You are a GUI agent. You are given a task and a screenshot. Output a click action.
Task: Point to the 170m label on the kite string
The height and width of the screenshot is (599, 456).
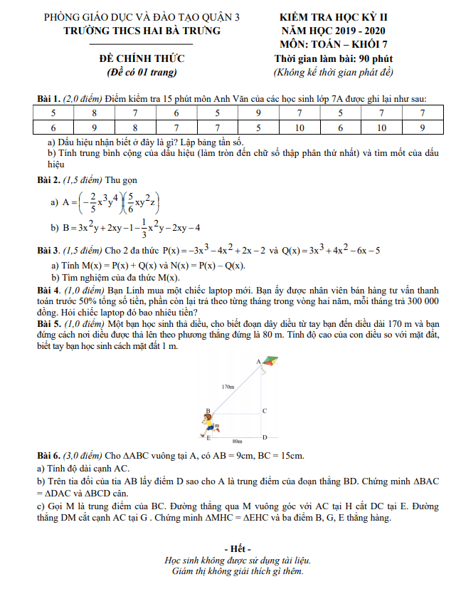[228, 387]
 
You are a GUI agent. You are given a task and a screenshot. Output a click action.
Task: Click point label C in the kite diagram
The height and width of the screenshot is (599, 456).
[264, 411]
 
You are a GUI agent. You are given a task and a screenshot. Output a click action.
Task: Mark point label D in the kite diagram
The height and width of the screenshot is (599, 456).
[264, 437]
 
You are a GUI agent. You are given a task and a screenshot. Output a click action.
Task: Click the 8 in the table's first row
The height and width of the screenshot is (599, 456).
[94, 113]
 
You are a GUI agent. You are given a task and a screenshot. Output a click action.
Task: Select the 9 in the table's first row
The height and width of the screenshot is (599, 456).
[258, 113]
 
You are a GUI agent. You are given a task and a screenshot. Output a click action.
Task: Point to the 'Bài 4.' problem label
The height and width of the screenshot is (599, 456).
[49, 291]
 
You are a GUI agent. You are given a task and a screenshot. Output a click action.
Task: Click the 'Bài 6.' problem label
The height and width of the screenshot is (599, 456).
[49, 454]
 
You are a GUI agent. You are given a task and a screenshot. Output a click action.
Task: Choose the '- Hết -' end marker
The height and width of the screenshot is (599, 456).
[238, 548]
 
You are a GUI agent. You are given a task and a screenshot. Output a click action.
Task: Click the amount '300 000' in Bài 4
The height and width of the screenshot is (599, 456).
[420, 301]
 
